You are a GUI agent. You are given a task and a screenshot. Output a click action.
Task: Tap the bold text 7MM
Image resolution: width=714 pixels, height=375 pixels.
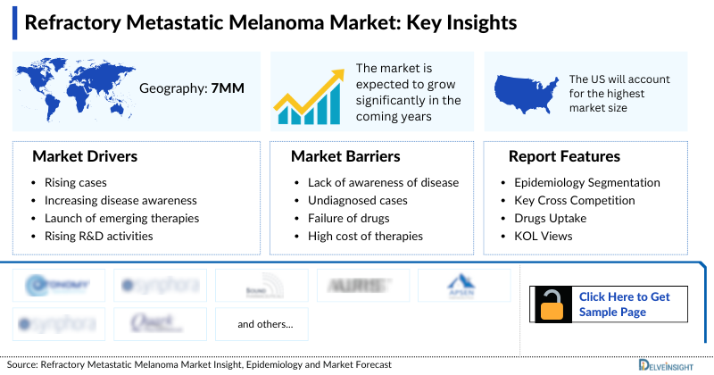[227, 88]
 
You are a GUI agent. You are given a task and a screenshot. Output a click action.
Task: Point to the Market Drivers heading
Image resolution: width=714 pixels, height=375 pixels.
[85, 156]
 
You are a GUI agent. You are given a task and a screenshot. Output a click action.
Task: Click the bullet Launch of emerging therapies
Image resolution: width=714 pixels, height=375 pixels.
[121, 218]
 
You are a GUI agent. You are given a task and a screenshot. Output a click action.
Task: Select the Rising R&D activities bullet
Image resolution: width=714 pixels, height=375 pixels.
[98, 236]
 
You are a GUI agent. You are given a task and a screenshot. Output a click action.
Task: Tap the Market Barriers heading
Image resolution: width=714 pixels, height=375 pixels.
[345, 156]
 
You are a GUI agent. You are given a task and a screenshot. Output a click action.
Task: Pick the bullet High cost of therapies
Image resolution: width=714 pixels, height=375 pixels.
[359, 236]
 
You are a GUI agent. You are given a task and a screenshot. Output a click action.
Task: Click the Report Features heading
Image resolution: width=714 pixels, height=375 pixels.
[564, 156]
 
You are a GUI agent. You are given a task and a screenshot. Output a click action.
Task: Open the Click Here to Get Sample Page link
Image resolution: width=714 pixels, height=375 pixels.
[624, 304]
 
